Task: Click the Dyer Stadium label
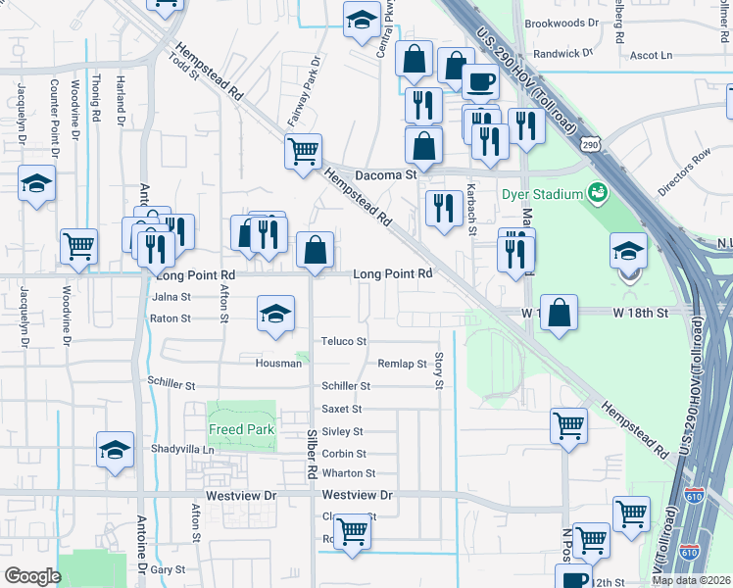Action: (x=542, y=193)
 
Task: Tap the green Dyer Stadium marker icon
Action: (x=596, y=193)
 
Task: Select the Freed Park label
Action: (x=241, y=429)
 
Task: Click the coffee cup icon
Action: (x=479, y=81)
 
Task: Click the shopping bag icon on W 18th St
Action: (x=559, y=314)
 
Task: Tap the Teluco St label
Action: (x=344, y=341)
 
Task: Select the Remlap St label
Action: (x=402, y=364)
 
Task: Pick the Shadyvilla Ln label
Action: (x=182, y=449)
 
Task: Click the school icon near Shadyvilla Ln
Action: (x=115, y=450)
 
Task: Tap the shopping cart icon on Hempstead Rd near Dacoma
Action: (x=304, y=151)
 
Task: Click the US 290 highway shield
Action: (x=589, y=144)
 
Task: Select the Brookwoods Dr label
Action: (x=562, y=23)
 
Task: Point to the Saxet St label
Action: (x=342, y=409)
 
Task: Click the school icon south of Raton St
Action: (x=275, y=315)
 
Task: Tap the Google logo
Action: (x=32, y=576)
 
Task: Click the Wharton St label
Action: (x=349, y=473)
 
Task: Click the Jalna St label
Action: (x=171, y=296)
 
